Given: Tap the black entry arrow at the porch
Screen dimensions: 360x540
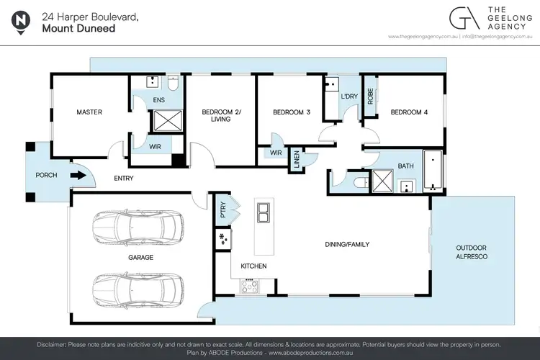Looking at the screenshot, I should [75, 174].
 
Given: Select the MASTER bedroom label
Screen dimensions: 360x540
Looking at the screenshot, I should [90, 112].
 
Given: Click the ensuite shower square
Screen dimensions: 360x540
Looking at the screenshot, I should [166, 122].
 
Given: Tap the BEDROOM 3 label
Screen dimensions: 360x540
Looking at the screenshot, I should [291, 112].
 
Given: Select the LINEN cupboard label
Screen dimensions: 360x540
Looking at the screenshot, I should [296, 161].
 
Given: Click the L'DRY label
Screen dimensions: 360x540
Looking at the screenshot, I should [350, 96].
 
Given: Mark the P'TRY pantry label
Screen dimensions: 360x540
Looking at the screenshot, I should [222, 210].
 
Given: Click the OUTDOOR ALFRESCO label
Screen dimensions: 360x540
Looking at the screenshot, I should [472, 253].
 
